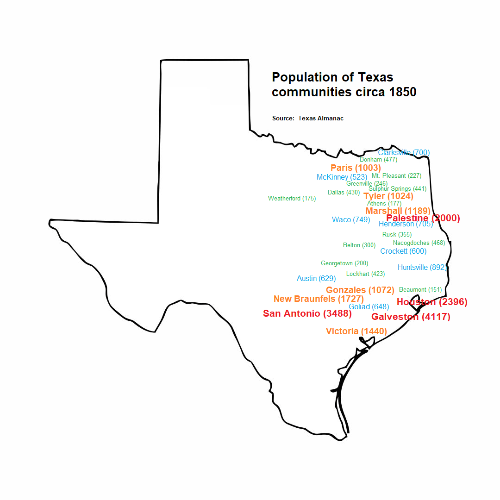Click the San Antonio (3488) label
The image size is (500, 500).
pyautogui.click(x=307, y=313)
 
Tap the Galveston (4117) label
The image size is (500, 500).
pyautogui.click(x=411, y=317)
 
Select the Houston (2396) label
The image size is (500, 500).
pyautogui.click(x=432, y=302)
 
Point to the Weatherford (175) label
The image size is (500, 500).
pyautogui.click(x=292, y=199)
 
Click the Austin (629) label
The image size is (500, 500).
pyautogui.click(x=316, y=279)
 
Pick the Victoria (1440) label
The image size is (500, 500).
pyautogui.click(x=356, y=331)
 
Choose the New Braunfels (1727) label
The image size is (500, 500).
pyautogui.click(x=319, y=299)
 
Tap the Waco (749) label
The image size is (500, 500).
pyautogui.click(x=351, y=219)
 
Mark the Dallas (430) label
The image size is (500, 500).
pyautogui.click(x=344, y=193)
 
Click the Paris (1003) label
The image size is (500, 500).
pyautogui.click(x=356, y=168)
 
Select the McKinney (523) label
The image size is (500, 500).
pyautogui.click(x=342, y=177)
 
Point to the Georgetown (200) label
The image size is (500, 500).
pyautogui.click(x=344, y=263)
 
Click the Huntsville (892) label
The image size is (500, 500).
pyautogui.click(x=422, y=268)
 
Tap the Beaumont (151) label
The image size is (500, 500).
pyautogui.click(x=420, y=290)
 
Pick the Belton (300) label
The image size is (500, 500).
pyautogui.click(x=359, y=245)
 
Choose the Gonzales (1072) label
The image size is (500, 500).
pyautogui.click(x=360, y=290)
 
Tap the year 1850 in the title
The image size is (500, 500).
pyautogui.click(x=403, y=92)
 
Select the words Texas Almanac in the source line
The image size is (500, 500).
pyautogui.click(x=321, y=119)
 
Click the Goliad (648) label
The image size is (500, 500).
pyautogui.click(x=369, y=306)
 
